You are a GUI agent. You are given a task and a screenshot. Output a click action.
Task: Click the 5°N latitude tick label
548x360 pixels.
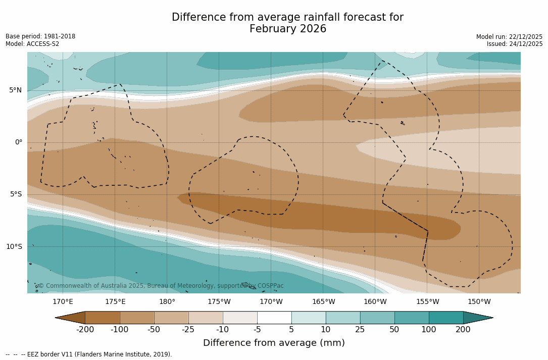[x=15, y=90]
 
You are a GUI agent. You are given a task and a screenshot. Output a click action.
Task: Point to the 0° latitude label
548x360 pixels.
[x=19, y=142]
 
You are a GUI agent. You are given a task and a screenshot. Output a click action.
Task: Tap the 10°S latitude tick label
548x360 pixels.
[x=14, y=247]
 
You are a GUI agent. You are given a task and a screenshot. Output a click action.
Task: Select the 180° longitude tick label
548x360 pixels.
[x=167, y=302]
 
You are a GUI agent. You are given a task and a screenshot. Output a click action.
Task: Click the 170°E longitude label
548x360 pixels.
[x=63, y=302]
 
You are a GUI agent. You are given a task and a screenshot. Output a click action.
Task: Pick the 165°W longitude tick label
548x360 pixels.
[x=323, y=302]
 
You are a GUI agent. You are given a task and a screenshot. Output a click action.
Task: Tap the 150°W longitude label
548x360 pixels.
[x=479, y=302]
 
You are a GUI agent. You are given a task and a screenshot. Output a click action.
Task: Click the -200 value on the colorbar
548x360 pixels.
[x=85, y=330]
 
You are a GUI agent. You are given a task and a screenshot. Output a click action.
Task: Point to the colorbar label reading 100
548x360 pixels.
[x=429, y=330]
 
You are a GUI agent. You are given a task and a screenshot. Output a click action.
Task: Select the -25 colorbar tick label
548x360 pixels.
[x=188, y=330]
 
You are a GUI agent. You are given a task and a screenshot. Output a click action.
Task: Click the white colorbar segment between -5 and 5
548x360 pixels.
[x=274, y=318]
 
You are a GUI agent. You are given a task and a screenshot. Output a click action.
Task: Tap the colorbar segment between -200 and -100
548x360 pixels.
[x=102, y=318]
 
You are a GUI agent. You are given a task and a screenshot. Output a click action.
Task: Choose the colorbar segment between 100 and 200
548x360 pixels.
[x=446, y=318]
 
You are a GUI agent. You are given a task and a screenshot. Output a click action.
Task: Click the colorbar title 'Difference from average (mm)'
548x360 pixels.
[x=274, y=343]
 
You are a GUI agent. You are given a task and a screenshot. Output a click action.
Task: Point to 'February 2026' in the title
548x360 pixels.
[x=288, y=29]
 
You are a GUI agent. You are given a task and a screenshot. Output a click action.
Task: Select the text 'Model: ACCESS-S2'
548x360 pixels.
[x=32, y=44]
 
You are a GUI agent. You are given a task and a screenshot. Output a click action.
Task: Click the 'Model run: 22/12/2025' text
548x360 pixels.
[x=509, y=37]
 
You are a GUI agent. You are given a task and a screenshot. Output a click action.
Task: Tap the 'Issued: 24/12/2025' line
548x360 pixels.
[x=515, y=44]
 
